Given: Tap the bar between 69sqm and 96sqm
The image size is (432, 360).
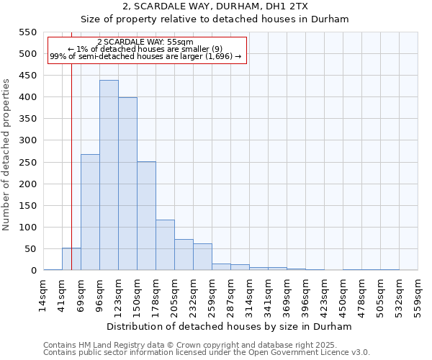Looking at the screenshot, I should (90, 212).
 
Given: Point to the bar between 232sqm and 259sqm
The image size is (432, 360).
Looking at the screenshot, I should (202, 257).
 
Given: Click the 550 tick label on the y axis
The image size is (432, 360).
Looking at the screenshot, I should (27, 32).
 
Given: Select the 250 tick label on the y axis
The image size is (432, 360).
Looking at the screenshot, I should (27, 163).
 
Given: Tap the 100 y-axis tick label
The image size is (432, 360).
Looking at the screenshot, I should (27, 228).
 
